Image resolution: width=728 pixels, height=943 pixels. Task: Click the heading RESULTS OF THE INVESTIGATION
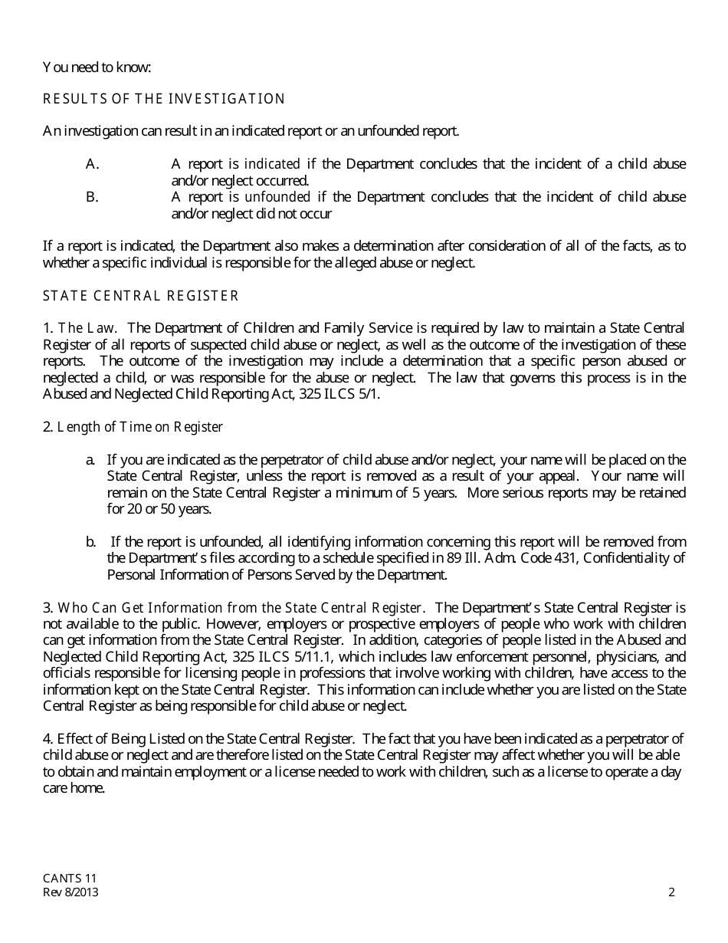point(164,99)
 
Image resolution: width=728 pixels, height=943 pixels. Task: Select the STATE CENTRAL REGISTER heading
point(141,296)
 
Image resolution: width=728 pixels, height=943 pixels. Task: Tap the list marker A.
point(93,164)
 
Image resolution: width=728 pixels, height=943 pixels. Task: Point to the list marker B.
point(93,197)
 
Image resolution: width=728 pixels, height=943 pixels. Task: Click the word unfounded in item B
point(277,197)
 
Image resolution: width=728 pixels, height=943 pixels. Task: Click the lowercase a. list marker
point(90,460)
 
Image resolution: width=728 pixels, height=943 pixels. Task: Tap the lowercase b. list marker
point(90,542)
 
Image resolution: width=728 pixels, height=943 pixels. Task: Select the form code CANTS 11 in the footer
point(70,879)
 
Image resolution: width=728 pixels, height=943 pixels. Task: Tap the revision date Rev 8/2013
point(71,892)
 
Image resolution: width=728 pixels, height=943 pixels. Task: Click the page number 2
point(671,892)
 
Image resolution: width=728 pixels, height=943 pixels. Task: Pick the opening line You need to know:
point(97,67)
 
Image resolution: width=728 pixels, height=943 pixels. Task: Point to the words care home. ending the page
point(74,788)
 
